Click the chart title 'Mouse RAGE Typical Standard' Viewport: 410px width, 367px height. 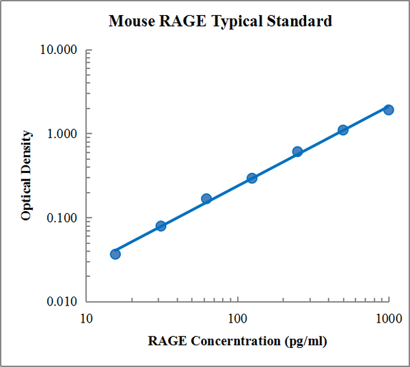(x=220, y=21)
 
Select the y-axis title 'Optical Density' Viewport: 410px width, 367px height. (x=27, y=176)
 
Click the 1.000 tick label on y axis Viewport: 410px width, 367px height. (x=62, y=134)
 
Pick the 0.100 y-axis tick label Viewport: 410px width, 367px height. (x=62, y=218)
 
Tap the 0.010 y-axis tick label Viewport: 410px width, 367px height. (x=62, y=301)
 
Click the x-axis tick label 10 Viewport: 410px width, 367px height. (x=86, y=318)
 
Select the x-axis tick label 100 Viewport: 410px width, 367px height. (x=238, y=318)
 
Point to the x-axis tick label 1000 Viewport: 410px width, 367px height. (x=389, y=318)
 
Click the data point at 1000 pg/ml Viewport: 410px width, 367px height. (x=388, y=109)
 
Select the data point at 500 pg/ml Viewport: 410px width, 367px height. (x=343, y=130)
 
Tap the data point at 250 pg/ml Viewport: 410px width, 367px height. (x=297, y=152)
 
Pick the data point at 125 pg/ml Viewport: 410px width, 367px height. (x=251, y=178)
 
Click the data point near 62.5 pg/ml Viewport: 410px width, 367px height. (x=206, y=199)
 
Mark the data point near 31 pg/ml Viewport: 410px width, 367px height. (x=161, y=226)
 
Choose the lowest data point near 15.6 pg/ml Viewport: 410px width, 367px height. (x=115, y=254)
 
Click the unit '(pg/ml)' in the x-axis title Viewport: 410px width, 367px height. (x=305, y=340)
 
